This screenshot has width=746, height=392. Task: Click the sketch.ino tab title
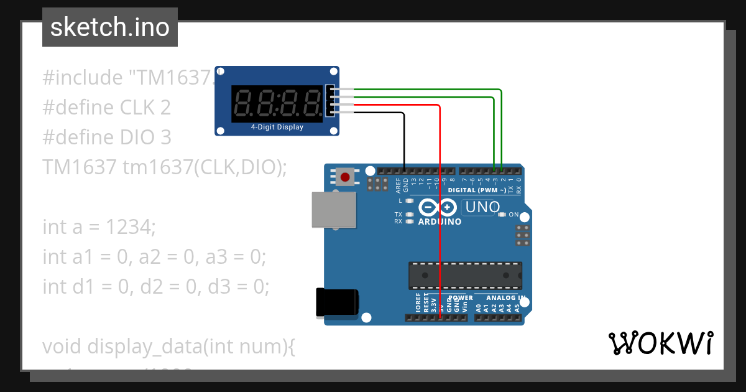[110, 27]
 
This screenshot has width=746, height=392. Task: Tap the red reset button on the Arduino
[345, 177]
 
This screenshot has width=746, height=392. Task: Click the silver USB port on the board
[334, 210]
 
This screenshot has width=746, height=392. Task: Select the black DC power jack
[336, 303]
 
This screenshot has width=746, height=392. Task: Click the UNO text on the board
[482, 207]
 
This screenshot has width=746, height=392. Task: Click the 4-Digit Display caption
[277, 127]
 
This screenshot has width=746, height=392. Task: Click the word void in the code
[62, 346]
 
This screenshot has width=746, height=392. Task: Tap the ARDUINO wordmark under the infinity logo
[440, 222]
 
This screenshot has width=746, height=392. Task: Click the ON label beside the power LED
[513, 214]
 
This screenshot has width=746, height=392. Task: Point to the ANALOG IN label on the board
[505, 298]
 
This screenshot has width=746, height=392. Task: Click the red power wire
[440, 212]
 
